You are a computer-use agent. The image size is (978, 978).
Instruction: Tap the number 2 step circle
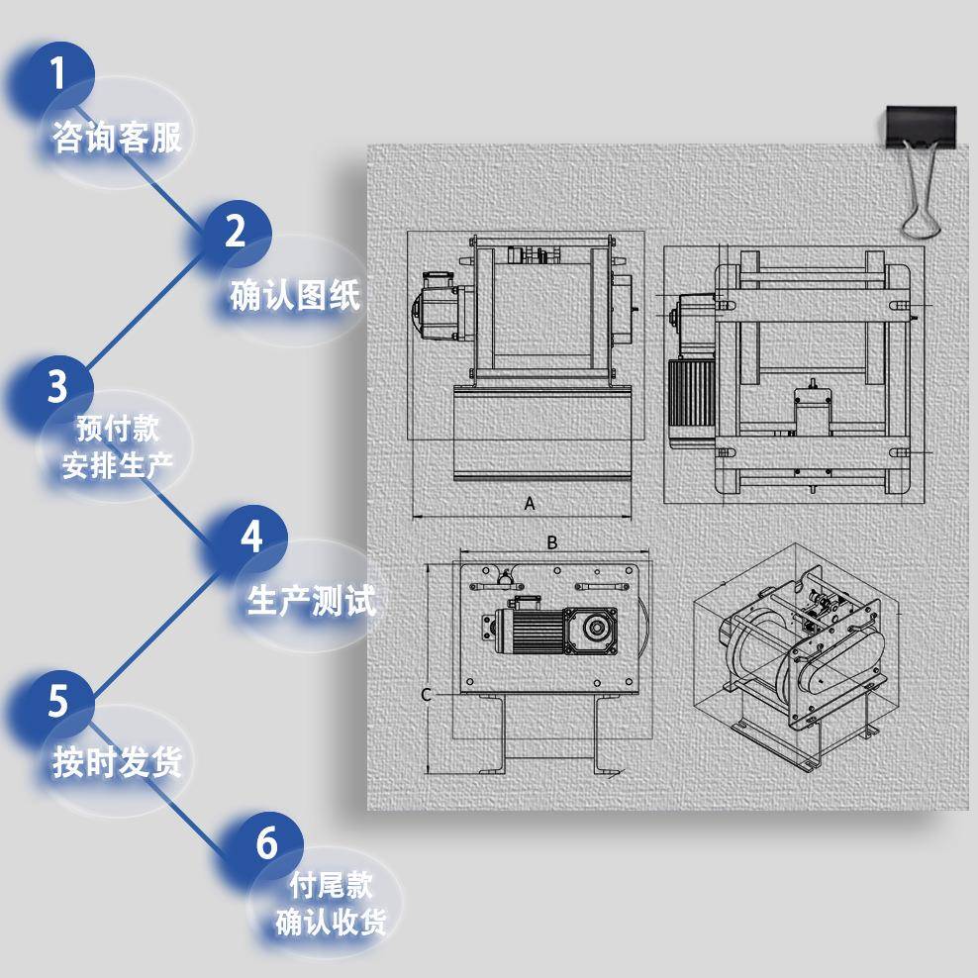[236, 232]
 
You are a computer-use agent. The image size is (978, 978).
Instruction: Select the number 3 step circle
[57, 386]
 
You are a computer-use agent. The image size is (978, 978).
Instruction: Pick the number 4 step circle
[252, 538]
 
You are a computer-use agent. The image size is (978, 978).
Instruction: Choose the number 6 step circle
[266, 844]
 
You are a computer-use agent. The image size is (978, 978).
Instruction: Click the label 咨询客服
[117, 138]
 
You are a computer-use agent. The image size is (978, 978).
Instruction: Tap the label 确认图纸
[295, 295]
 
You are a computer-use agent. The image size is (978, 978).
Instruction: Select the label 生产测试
[312, 601]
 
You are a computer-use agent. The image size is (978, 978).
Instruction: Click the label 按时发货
[117, 762]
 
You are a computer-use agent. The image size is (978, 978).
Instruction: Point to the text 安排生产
[118, 465]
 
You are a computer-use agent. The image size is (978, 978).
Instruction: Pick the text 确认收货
[331, 922]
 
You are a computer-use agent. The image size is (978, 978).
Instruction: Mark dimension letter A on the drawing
[530, 503]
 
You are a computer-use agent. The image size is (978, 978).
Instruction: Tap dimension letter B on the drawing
[552, 542]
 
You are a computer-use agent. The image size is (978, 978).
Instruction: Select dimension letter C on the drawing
[426, 695]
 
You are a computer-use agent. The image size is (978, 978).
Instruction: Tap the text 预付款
[118, 430]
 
